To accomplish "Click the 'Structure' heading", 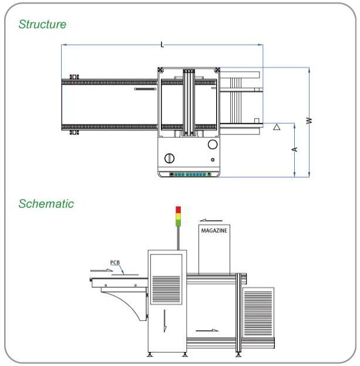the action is coord(42,24).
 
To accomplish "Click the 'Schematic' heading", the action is coord(46,203).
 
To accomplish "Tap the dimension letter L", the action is coord(162,44).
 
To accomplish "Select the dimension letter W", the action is coord(309,120).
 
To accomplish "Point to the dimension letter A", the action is coord(294,149).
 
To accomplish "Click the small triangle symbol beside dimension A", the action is coord(277,127).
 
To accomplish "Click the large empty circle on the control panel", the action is coord(213,145).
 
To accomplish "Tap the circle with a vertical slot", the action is coord(169,158).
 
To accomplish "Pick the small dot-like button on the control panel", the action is coord(213,160).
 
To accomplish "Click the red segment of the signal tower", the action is coord(178,210).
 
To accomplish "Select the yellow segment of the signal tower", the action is coord(178,216).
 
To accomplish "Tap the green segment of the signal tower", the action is coord(178,223).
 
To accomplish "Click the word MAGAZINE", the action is coord(214,231).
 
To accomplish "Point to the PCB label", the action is coord(115,263).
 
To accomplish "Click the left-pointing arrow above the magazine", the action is coord(211,220).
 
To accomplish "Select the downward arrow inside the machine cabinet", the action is coord(165,321).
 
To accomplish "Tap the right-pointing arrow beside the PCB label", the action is coord(102,270).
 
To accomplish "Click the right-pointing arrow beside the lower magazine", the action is coord(207,330).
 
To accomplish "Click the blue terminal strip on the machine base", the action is coord(190,174).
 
